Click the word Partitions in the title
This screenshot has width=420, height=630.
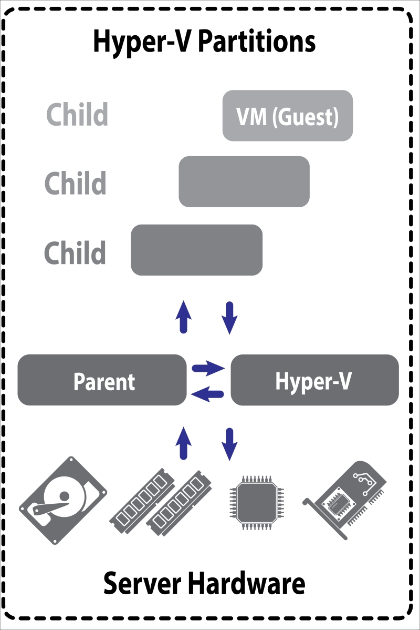pyautogui.click(x=258, y=42)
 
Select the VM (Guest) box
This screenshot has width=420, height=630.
pyautogui.click(x=287, y=116)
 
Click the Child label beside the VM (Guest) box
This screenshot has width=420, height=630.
pyautogui.click(x=77, y=114)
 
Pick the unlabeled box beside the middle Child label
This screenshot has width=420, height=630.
pyautogui.click(x=244, y=181)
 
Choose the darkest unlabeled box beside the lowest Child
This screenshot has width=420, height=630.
pyautogui.click(x=196, y=250)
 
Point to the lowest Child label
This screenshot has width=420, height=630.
pyautogui.click(x=75, y=252)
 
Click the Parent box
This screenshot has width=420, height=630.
pyautogui.click(x=102, y=380)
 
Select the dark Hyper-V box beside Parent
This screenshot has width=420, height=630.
pyautogui.click(x=314, y=380)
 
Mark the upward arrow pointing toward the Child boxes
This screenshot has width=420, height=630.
pyautogui.click(x=183, y=317)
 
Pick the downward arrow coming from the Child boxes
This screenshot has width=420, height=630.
pyautogui.click(x=230, y=318)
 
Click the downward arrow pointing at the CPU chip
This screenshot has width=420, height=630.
pyautogui.click(x=230, y=444)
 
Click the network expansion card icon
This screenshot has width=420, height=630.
pyautogui.click(x=347, y=497)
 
